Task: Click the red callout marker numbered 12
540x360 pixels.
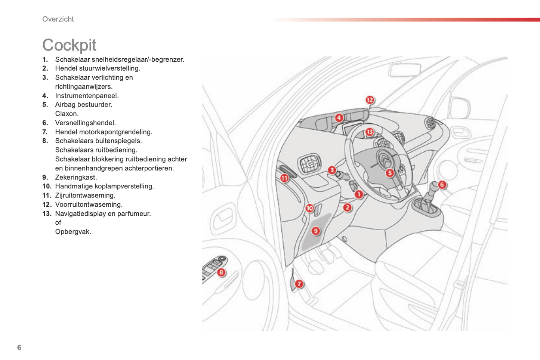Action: (370, 100)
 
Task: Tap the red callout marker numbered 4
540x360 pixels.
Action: (339, 118)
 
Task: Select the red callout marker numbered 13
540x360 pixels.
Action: (370, 132)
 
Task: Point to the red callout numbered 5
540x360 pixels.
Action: (389, 173)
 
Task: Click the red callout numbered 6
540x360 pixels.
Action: (442, 185)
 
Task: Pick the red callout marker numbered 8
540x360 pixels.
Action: (221, 273)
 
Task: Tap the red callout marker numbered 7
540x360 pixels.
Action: (299, 284)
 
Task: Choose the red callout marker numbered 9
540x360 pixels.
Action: (315, 231)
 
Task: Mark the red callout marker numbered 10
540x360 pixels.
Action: (309, 208)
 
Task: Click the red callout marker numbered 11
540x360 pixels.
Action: (284, 178)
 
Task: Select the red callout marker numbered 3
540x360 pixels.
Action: (332, 170)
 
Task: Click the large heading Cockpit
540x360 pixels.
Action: (69, 45)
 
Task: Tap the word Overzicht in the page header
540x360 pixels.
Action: (58, 19)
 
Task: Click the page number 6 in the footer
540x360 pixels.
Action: (19, 347)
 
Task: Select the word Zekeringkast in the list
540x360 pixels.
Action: (76, 178)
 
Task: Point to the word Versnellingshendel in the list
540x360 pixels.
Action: (85, 123)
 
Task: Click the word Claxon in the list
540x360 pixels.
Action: (67, 114)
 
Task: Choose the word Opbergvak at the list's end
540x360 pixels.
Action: (73, 232)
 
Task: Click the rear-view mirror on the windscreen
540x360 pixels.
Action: (404, 70)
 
